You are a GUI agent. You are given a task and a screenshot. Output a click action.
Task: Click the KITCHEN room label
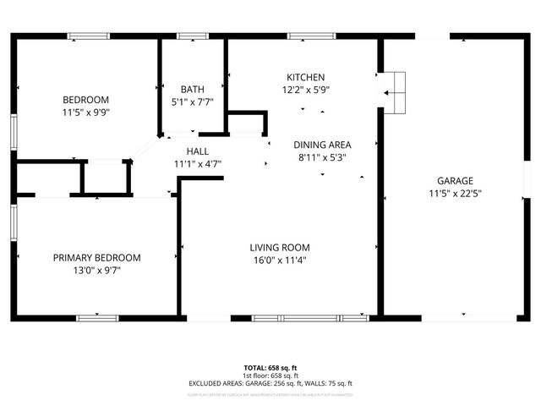305,77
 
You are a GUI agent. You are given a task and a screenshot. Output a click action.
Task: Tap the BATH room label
193,89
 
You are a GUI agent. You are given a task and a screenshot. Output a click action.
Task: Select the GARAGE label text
455,180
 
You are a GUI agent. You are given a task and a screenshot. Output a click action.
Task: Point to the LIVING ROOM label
277,248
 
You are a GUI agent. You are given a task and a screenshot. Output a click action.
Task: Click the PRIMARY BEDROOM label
97,257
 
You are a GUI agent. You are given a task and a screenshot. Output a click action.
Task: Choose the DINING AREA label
322,145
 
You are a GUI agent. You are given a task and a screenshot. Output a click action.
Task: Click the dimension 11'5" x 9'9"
86,112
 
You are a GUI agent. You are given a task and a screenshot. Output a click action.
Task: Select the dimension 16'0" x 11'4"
277,261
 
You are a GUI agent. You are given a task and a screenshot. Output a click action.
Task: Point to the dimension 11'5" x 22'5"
455,193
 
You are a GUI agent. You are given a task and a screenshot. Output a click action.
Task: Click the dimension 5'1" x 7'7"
193,101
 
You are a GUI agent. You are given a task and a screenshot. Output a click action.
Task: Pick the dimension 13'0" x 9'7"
97,271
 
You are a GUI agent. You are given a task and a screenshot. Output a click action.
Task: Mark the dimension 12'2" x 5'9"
305,90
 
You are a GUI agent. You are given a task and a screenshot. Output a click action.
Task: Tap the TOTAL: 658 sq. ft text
270,368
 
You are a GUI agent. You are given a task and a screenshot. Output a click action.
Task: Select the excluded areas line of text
270,383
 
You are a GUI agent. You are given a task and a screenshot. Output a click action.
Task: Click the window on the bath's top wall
193,36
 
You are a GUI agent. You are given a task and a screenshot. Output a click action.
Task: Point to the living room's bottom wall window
298,318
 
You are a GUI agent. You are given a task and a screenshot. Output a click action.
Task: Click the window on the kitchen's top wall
300,36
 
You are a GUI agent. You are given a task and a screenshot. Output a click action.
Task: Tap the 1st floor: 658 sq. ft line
270,376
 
